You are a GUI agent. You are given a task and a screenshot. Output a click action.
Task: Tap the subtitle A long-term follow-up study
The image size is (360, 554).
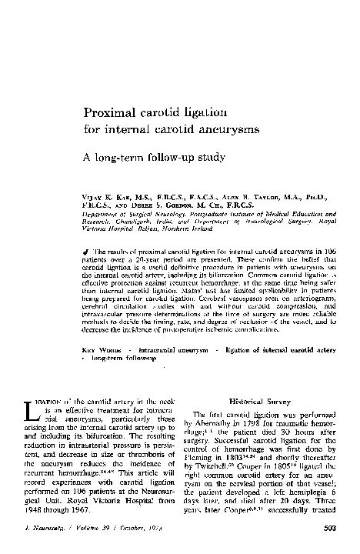[x=154, y=158]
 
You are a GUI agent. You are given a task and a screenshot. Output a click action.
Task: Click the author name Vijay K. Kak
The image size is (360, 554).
[x=105, y=197]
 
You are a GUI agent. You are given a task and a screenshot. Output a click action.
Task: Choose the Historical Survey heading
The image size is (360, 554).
[x=261, y=401]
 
